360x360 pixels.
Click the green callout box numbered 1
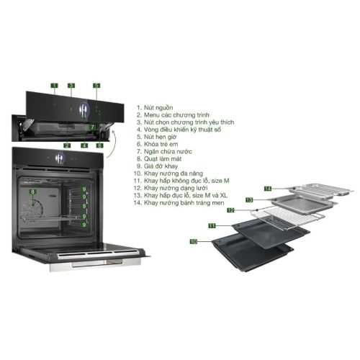54,86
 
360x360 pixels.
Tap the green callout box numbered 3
71,86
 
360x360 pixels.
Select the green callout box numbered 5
96,86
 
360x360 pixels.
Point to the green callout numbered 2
66,145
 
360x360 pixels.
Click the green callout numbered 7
91,127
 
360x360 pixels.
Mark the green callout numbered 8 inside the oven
32,192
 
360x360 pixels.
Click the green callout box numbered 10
193,243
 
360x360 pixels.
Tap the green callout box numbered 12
231,211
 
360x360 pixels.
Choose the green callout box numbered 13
249,199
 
